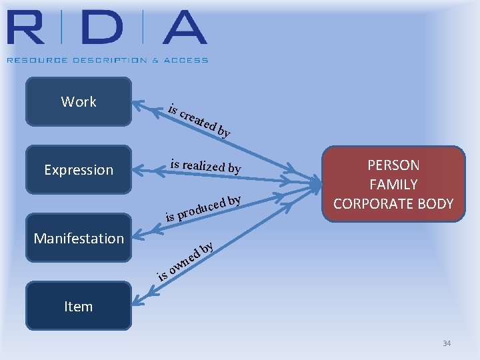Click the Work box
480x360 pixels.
(x=79, y=102)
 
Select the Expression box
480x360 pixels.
(x=79, y=170)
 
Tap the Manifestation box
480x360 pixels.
(x=79, y=238)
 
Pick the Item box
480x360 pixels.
(x=79, y=306)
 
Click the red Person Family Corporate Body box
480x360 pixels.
(x=393, y=184)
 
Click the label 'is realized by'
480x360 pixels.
(x=205, y=165)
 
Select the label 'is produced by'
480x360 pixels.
(x=203, y=208)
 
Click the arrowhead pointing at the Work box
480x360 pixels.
(x=138, y=104)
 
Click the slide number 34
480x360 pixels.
(x=447, y=343)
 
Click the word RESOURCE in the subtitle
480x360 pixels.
(x=29, y=60)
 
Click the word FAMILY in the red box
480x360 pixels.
(x=393, y=185)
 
